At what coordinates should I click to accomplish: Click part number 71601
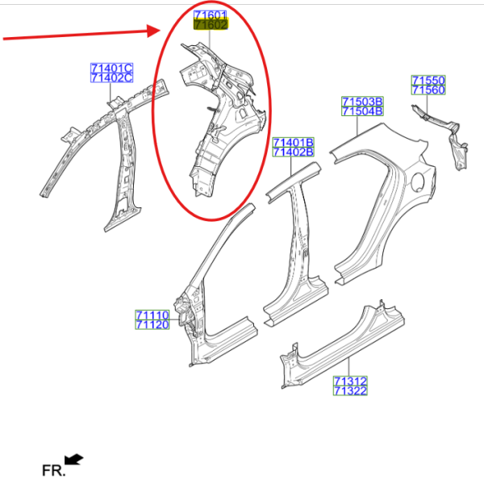coord(211,15)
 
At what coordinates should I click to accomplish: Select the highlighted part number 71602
coord(211,25)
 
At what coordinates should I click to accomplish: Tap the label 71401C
coord(112,68)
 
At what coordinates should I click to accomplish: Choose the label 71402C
coord(112,77)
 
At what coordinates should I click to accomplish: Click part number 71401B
coord(294,142)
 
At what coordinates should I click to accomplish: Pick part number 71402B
coord(294,152)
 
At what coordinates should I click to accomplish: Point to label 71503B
coord(362,102)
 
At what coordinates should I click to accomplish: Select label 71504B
coord(362,111)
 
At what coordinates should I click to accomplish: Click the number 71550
coord(428,80)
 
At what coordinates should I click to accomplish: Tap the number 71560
coord(428,90)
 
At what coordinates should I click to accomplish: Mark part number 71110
coord(152,315)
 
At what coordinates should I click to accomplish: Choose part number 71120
coord(152,324)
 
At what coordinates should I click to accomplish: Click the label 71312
coord(350,381)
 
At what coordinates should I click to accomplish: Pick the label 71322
coord(350,390)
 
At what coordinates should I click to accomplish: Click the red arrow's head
coord(154,31)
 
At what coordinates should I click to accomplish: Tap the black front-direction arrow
coord(73,459)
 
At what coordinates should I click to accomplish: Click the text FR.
coord(54,470)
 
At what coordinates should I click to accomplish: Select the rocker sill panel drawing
coord(343,344)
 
